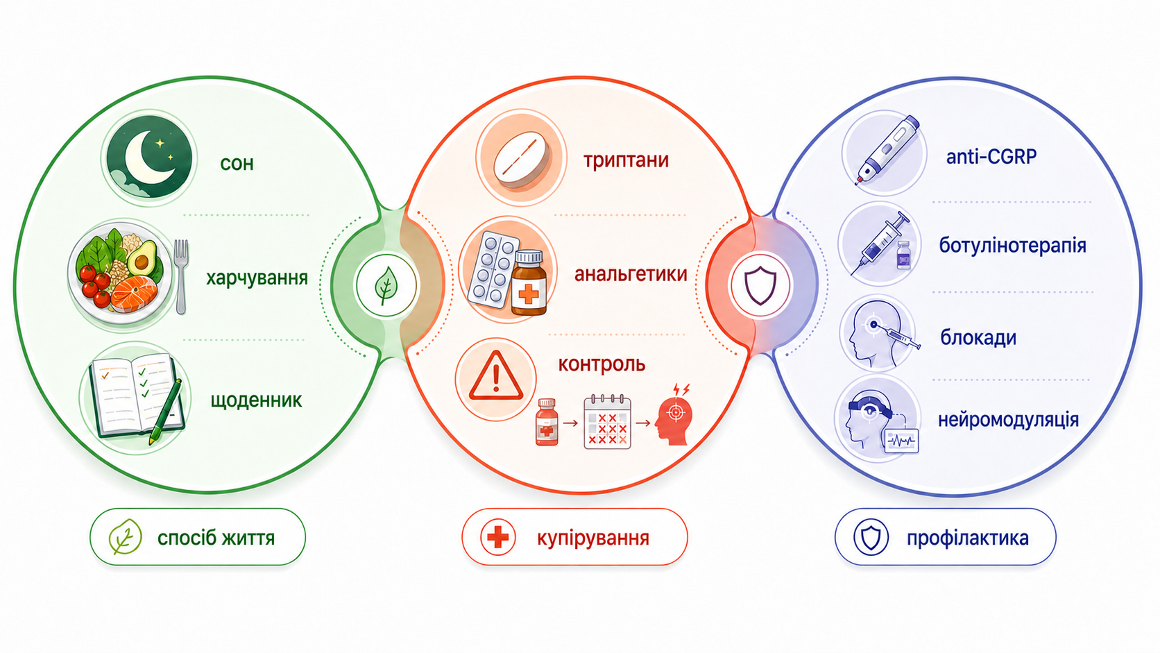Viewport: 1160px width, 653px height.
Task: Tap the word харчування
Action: pos(257,278)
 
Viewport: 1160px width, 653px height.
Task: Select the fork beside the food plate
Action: pos(181,276)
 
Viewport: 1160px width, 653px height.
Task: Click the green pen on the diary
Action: pos(165,412)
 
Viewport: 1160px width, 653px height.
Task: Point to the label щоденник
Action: pos(256,400)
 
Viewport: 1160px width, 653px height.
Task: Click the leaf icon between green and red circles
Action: pos(386,285)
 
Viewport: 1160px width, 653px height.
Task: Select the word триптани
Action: pos(626,160)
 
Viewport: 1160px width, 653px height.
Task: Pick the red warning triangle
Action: pos(495,377)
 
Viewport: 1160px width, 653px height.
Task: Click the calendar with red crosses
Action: pos(608,421)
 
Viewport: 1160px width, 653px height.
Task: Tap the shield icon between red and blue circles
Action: pos(760,285)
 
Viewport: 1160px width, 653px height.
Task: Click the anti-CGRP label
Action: pos(991,156)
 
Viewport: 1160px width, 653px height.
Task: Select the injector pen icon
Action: pos(887,150)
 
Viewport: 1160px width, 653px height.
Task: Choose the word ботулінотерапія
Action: pos(1012,246)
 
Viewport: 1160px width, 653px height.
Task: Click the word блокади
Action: pos(978,338)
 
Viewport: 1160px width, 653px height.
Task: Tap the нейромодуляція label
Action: pos(1008,420)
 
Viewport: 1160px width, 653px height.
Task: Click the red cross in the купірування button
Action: pos(497,538)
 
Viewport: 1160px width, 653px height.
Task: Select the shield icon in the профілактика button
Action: pos(871,538)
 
